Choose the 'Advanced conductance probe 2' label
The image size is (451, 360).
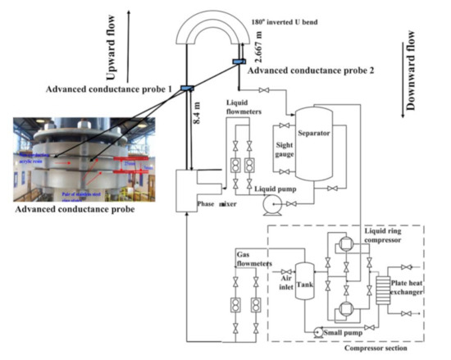pyautogui.click(x=297, y=70)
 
